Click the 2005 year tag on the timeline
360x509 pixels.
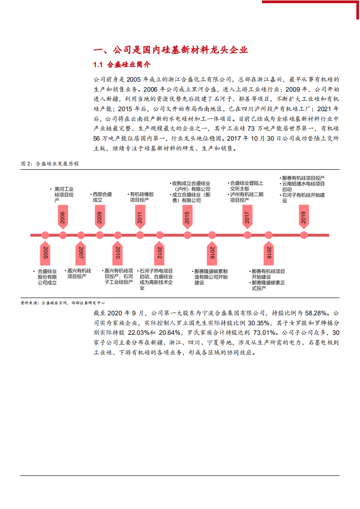coord(45,254)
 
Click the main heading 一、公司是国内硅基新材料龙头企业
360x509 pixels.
coord(170,50)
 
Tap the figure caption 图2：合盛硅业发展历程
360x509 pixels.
coord(50,164)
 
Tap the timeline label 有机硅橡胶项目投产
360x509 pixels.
coord(142,197)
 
